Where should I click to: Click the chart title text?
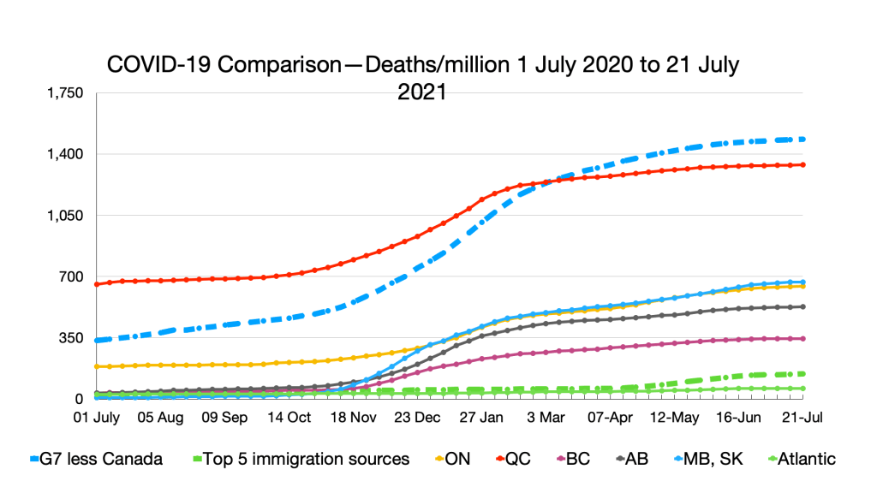click(423, 77)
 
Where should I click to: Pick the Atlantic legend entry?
click(802, 460)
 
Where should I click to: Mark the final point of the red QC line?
click(802, 164)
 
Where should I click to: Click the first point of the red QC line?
click(97, 284)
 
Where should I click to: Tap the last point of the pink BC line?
click(802, 339)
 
